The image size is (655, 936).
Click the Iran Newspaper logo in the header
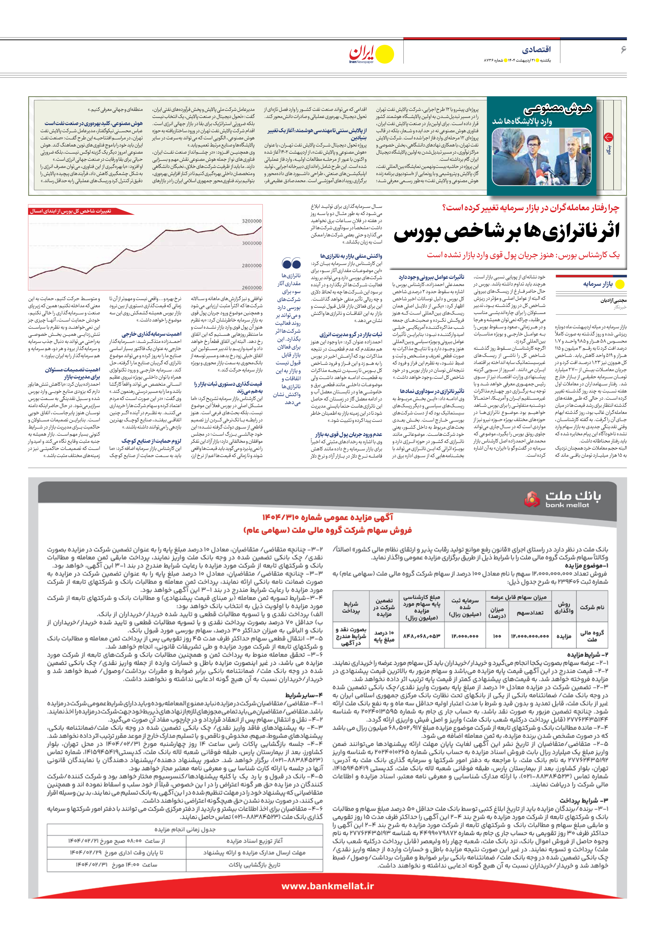[x=371, y=54]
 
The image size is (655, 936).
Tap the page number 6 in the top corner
[x=623, y=50]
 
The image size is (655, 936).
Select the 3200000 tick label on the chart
[x=252, y=221]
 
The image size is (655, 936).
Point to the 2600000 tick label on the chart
[x=252, y=287]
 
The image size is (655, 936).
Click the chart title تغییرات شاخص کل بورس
[x=70, y=211]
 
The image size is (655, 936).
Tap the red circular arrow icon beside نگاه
[x=608, y=137]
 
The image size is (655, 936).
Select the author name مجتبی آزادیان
[x=613, y=300]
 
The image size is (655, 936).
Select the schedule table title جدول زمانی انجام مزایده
[x=185, y=829]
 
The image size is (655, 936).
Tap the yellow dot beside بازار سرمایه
[x=620, y=284]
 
